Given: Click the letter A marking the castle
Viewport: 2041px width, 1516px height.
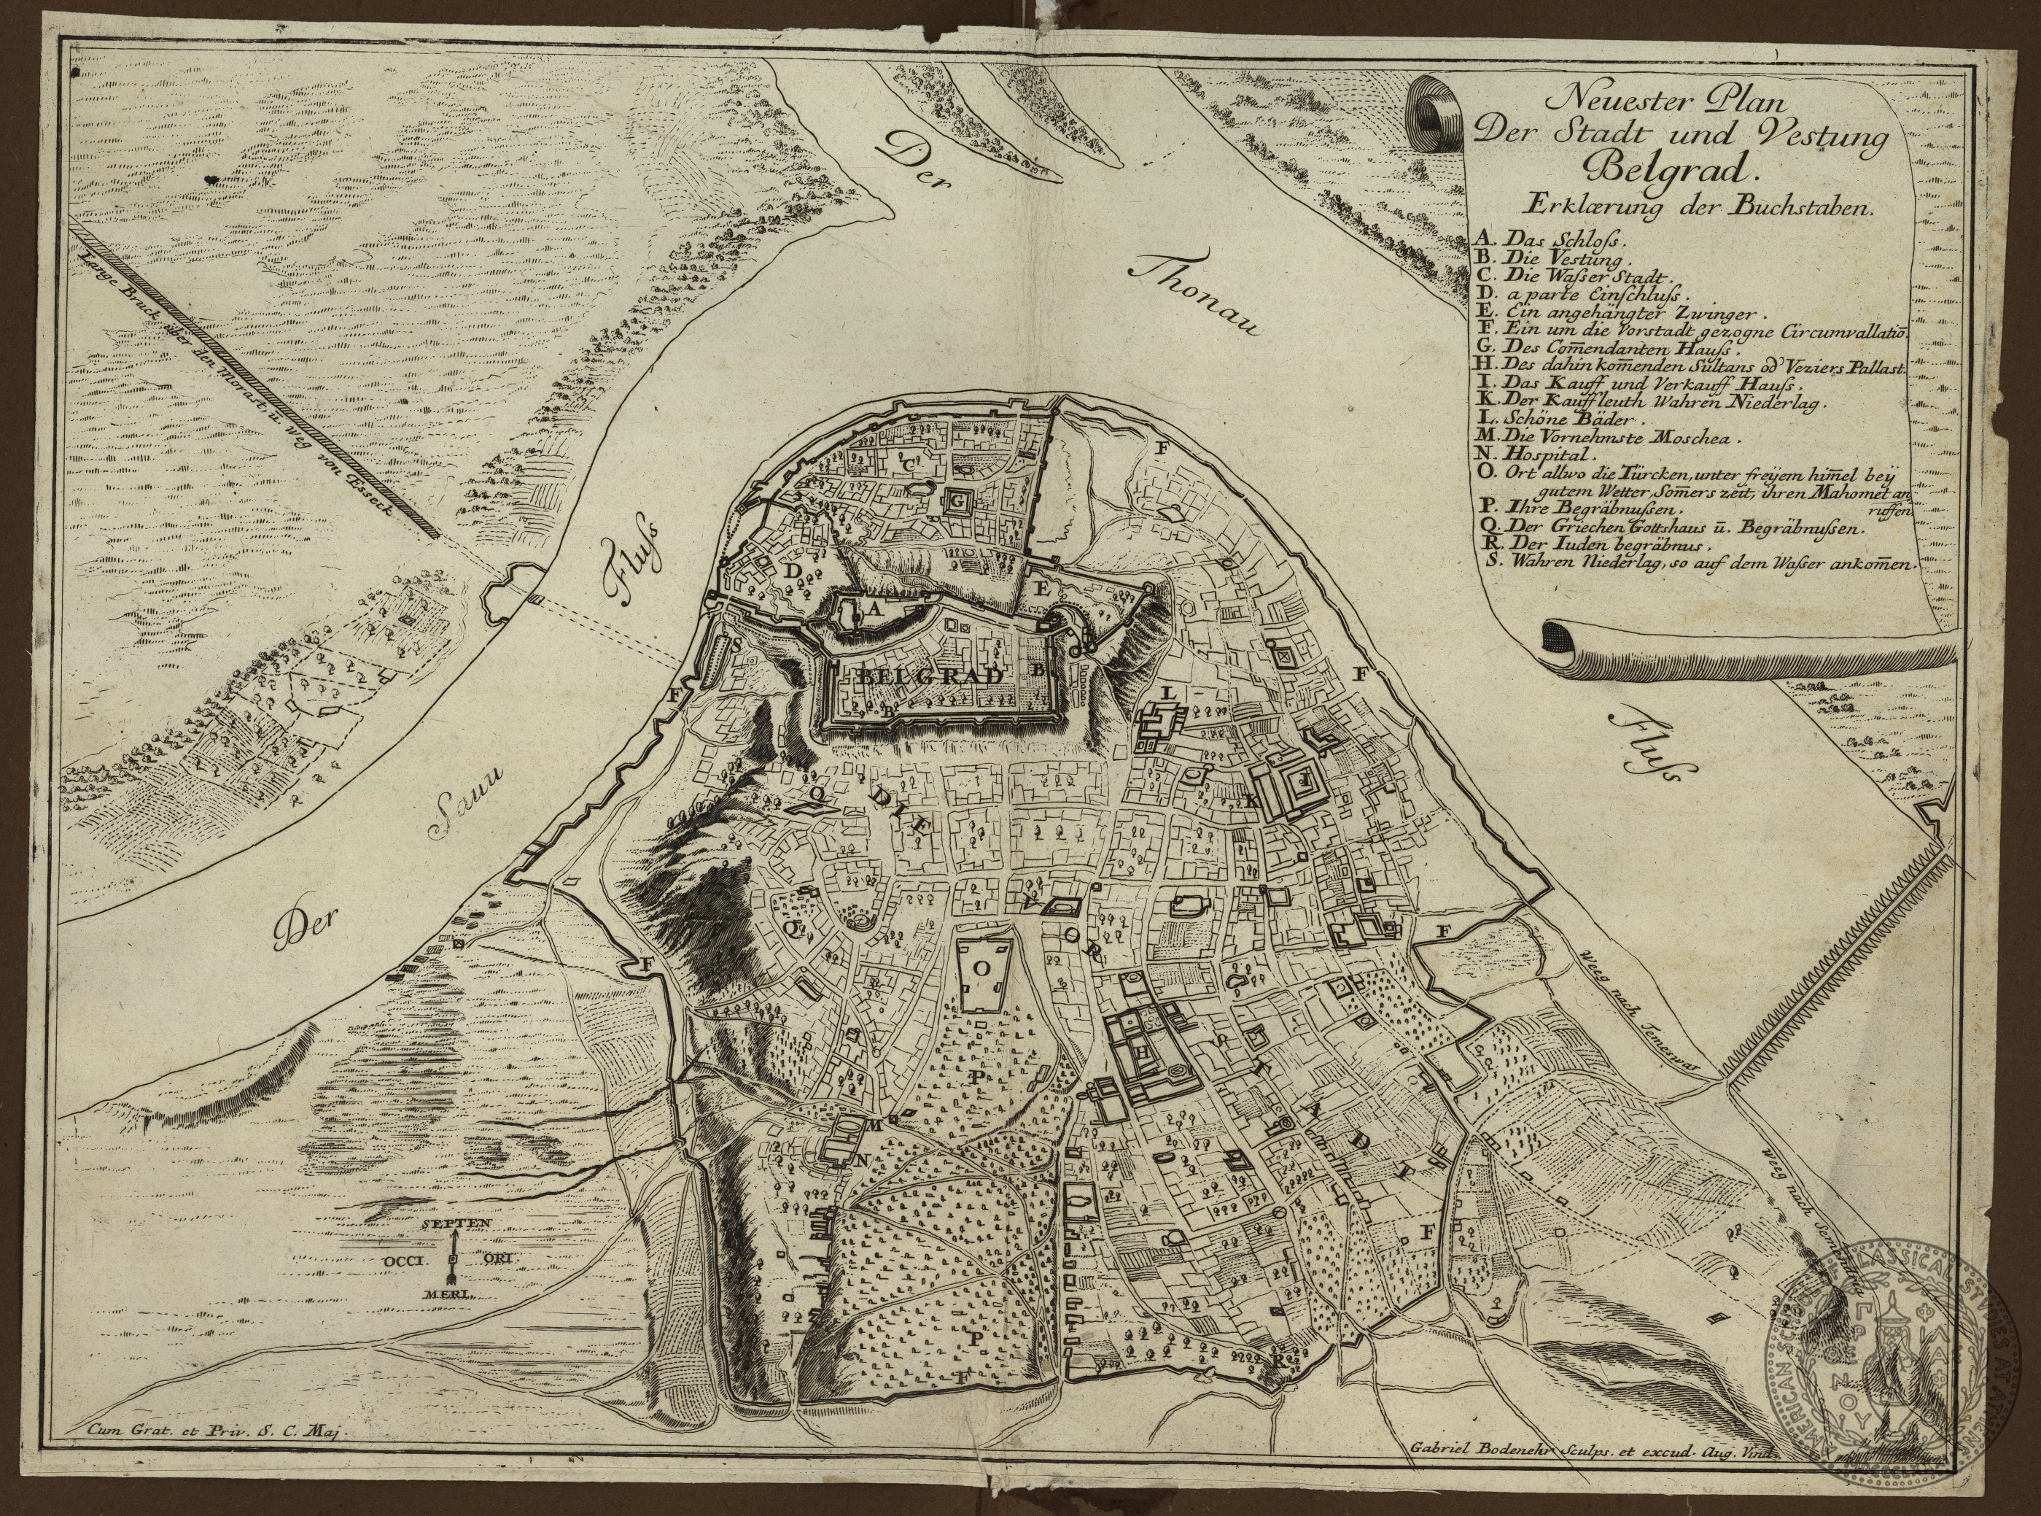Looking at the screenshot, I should pos(874,608).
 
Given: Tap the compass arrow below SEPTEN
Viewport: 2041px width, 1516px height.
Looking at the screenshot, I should pos(452,1262).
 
